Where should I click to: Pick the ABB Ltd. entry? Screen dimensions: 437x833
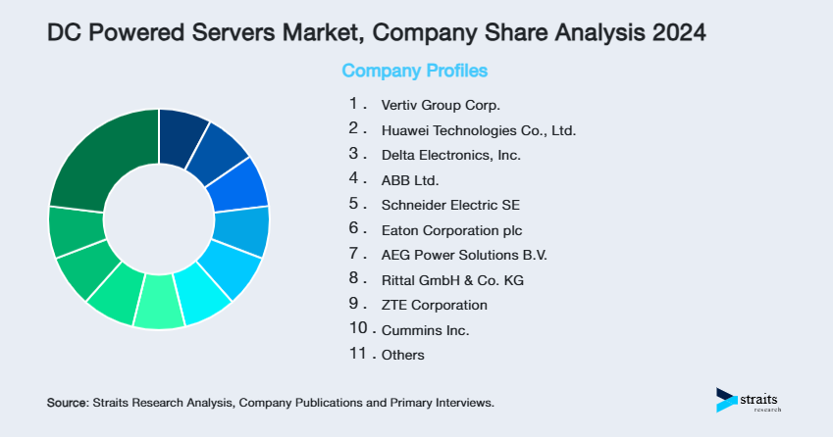click(x=410, y=180)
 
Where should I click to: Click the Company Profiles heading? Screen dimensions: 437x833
click(x=414, y=72)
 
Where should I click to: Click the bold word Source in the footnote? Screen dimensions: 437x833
click(x=67, y=403)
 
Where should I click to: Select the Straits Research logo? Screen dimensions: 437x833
click(x=750, y=400)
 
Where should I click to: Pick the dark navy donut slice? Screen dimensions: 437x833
click(x=182, y=129)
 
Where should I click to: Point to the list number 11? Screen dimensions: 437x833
click(x=357, y=354)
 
